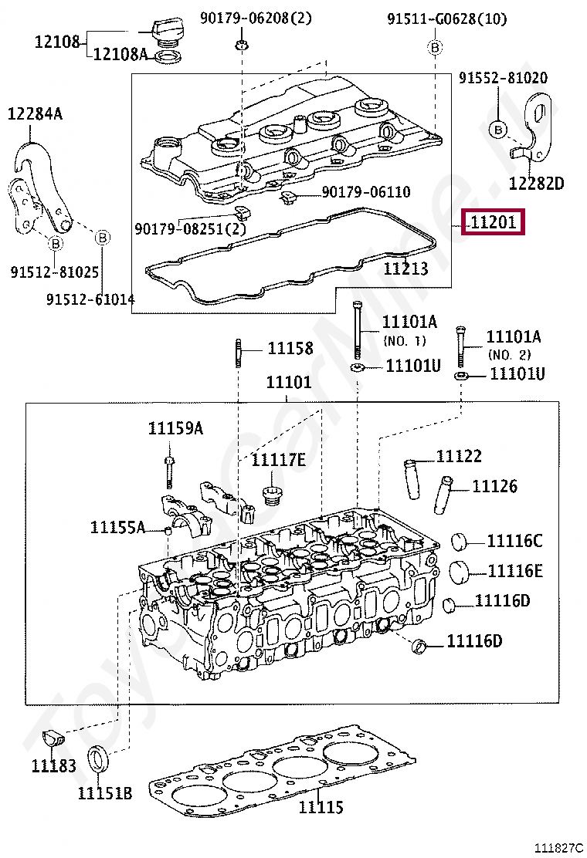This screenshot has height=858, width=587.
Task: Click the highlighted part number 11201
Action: click(493, 222)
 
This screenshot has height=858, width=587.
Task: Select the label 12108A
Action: click(120, 54)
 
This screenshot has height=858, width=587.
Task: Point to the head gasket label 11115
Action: click(321, 806)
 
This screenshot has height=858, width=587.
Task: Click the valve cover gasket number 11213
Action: click(405, 269)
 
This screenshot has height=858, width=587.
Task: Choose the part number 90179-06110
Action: click(366, 191)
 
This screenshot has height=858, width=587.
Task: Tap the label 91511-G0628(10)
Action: click(447, 19)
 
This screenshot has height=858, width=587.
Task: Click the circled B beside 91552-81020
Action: click(497, 130)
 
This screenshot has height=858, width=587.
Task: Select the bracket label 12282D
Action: click(536, 183)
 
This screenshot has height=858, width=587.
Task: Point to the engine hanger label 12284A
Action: click(35, 113)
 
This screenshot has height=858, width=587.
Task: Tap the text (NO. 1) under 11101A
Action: click(404, 341)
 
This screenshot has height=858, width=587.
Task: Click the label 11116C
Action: click(514, 541)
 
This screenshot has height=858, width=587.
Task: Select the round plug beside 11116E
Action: click(460, 572)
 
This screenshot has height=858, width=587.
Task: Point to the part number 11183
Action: click(53, 765)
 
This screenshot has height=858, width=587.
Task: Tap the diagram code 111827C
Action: click(559, 848)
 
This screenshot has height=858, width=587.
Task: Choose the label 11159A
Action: click(175, 428)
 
